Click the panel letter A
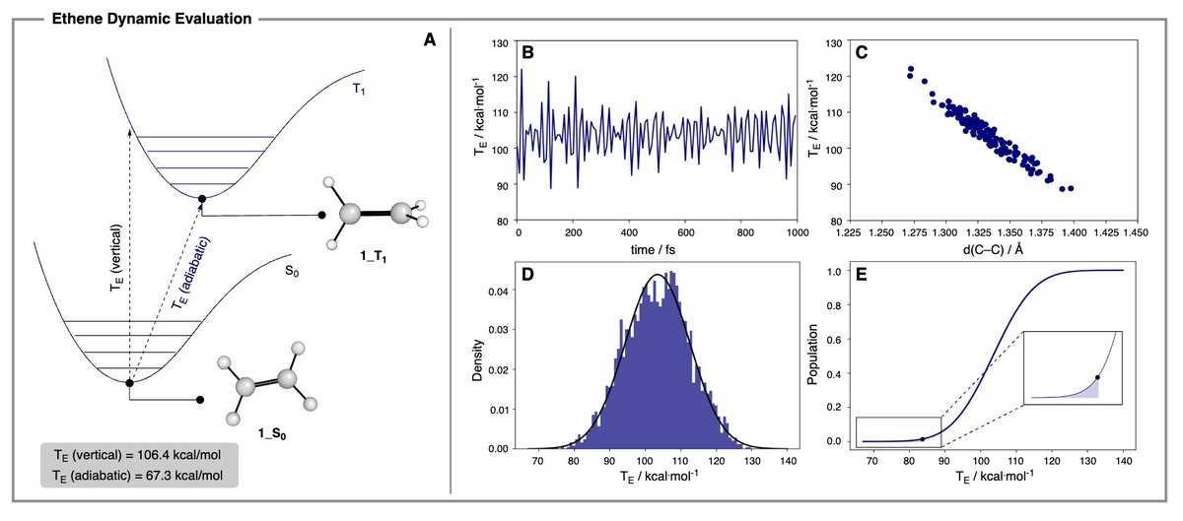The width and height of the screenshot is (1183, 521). pos(429,40)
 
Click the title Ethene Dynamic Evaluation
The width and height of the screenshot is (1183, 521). pos(150,17)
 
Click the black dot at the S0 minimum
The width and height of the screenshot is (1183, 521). pos(129,382)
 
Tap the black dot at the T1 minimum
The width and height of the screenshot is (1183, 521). pos(202,199)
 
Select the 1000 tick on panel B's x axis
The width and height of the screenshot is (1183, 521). pos(796,233)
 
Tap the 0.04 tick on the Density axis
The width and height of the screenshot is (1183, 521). pos(503,292)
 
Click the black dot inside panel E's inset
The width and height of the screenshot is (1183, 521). pos(1096,377)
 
